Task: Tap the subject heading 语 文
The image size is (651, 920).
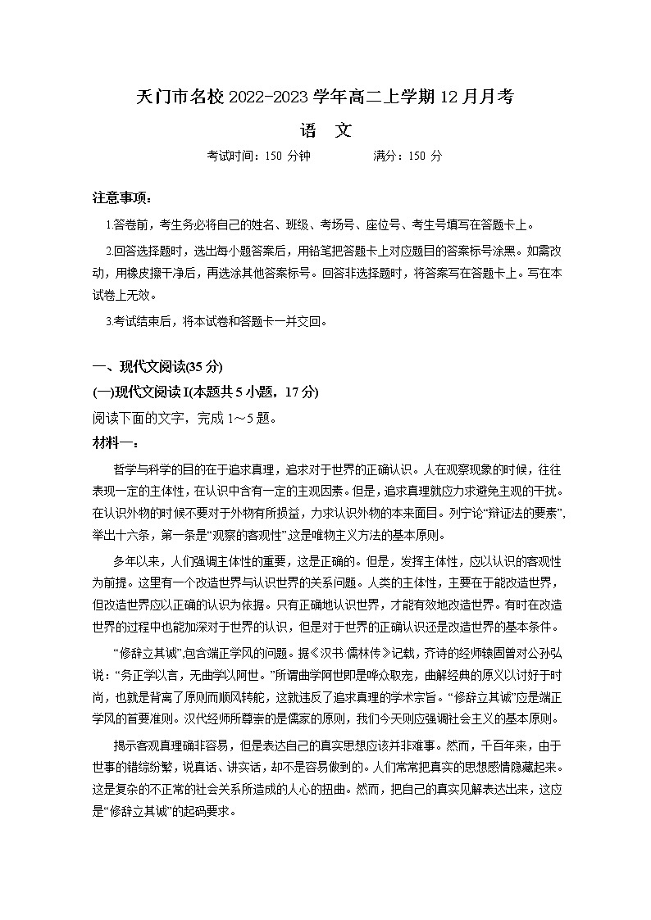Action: point(325,129)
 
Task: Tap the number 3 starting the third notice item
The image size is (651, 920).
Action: point(109,322)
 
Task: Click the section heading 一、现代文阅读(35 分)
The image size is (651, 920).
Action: point(158,365)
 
